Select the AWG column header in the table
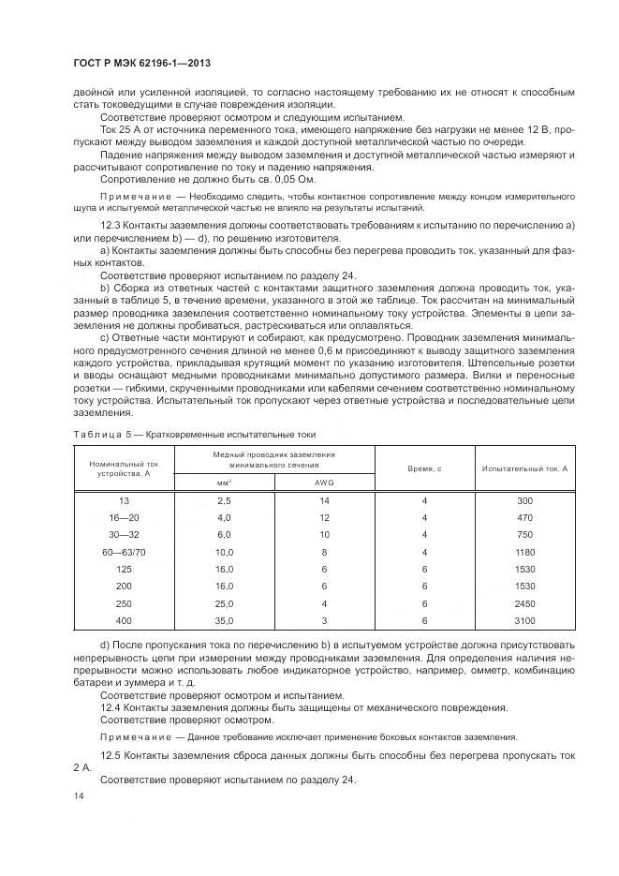(324, 482)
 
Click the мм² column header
(224, 482)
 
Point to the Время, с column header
(424, 467)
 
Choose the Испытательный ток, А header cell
(524, 467)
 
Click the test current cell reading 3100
(524, 620)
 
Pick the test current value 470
(524, 517)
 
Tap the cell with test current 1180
(524, 552)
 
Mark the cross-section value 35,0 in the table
(224, 620)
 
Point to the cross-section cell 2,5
(224, 500)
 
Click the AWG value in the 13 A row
(324, 500)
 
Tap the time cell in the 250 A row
(424, 603)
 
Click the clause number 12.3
(111, 228)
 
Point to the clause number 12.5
(111, 754)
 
